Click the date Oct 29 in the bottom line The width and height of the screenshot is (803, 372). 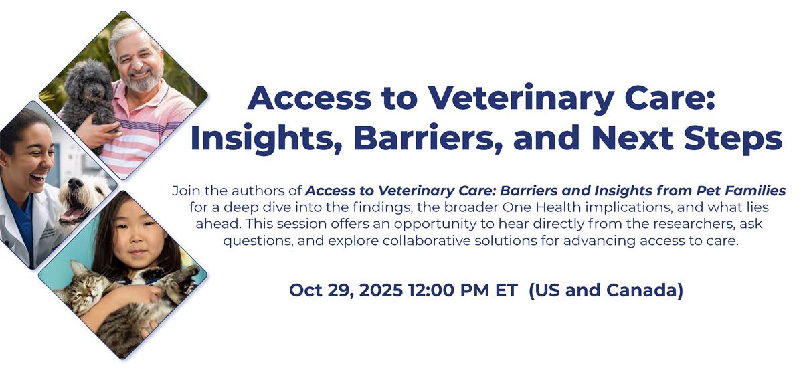coord(315,290)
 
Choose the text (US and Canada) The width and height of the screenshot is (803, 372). coord(606,290)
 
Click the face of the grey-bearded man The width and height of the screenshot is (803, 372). coord(137,60)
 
